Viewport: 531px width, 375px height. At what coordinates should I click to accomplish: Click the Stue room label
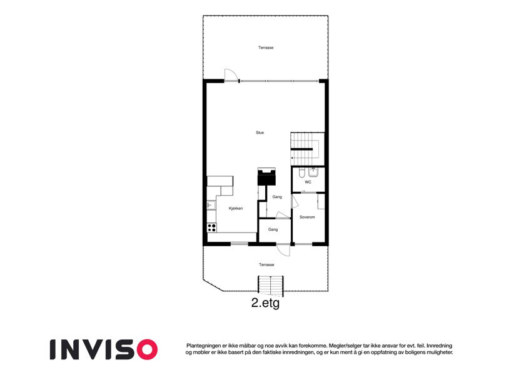tap(260, 132)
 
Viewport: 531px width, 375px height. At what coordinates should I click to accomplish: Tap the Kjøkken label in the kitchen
tap(236, 209)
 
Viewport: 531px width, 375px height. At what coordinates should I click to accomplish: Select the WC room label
tap(308, 182)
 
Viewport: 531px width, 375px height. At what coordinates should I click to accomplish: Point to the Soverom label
tap(307, 217)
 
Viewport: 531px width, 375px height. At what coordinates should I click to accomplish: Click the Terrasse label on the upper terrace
tap(266, 47)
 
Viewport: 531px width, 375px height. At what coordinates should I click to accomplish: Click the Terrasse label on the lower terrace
tap(266, 264)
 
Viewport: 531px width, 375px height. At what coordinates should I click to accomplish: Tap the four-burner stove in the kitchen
tap(212, 227)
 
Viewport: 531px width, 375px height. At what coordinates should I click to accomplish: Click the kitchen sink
tap(211, 206)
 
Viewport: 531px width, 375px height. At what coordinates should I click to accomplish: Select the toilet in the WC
tap(301, 173)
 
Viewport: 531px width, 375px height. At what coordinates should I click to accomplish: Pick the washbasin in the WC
tap(313, 172)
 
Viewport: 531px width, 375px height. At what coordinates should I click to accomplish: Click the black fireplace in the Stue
tap(267, 177)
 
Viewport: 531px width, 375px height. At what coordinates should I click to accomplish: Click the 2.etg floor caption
tap(265, 303)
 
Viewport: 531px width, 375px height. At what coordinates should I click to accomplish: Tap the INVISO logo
tap(104, 349)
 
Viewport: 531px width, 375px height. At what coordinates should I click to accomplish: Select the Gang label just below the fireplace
tap(277, 197)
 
